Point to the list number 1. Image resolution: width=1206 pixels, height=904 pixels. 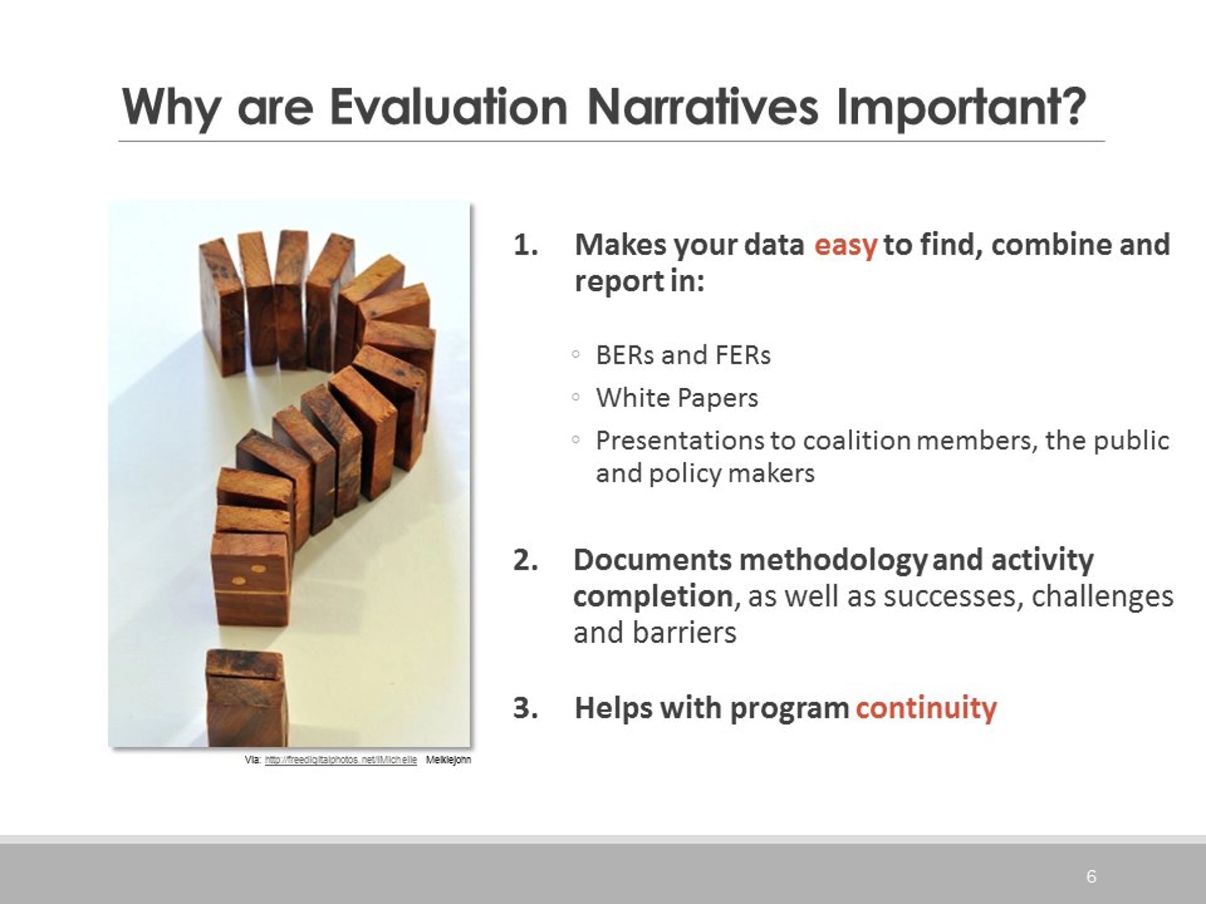pos(526,245)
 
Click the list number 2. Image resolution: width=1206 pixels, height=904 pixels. pos(526,560)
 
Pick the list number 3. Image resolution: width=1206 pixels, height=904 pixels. pos(526,708)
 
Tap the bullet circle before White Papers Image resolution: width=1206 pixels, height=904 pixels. pos(576,397)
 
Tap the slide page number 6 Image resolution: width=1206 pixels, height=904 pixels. pos(1091,877)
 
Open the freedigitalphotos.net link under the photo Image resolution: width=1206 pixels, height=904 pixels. pos(341,759)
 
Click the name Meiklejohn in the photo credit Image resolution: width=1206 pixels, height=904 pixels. pos(448,759)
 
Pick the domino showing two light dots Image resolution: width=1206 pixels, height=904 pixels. pos(250,579)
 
